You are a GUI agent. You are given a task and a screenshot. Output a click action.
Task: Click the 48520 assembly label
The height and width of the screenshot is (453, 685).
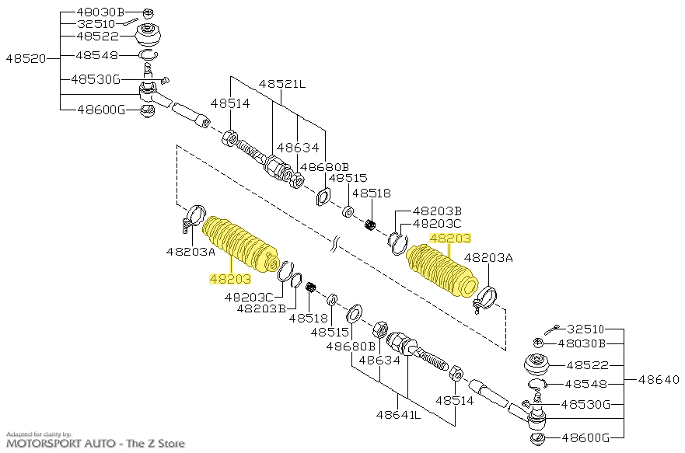click(x=26, y=58)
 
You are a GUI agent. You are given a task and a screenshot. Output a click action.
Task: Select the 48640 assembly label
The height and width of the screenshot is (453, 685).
click(x=659, y=380)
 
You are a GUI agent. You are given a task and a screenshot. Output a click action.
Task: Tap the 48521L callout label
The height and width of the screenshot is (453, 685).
click(x=282, y=84)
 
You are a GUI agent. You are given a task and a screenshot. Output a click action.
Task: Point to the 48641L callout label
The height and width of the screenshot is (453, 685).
click(x=398, y=415)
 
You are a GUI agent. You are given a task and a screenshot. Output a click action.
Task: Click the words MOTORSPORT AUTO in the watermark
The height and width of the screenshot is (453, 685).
click(x=61, y=444)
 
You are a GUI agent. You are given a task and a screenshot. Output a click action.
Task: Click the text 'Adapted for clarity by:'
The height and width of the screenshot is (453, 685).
click(x=38, y=434)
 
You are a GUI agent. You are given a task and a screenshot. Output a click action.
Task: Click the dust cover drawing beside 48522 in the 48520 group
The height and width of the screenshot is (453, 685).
click(x=148, y=36)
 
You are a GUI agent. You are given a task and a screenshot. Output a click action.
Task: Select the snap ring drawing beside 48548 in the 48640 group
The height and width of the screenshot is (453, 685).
click(x=537, y=384)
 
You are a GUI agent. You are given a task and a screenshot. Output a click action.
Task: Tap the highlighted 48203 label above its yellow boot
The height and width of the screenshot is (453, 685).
click(x=450, y=239)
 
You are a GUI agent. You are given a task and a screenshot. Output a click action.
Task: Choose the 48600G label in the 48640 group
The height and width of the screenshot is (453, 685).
click(x=585, y=437)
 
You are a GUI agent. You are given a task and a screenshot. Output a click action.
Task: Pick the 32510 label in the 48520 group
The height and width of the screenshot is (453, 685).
click(x=96, y=24)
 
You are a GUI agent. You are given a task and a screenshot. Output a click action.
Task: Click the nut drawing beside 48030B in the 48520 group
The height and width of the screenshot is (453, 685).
click(x=149, y=13)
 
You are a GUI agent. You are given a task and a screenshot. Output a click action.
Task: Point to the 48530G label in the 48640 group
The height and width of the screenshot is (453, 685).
click(x=585, y=405)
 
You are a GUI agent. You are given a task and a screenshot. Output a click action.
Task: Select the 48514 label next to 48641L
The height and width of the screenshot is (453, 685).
click(x=455, y=400)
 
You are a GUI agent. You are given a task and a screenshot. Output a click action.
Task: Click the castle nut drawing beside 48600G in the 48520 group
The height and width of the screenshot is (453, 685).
click(x=147, y=111)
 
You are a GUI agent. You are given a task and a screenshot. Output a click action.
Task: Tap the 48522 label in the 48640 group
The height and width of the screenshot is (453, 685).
click(x=588, y=365)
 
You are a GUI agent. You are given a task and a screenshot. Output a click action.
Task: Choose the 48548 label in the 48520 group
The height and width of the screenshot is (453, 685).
click(x=97, y=55)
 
